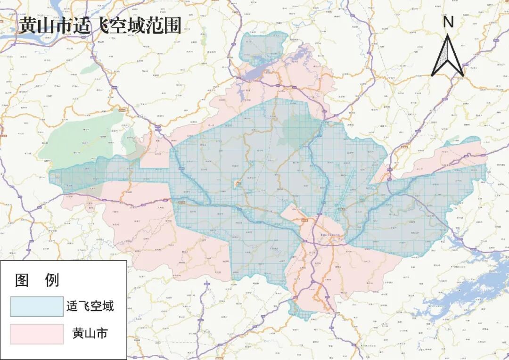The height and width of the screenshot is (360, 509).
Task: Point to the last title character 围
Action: pos(172,25)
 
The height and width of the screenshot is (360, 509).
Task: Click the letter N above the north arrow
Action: pos(448,22)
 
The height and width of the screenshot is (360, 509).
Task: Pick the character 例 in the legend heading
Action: pos(52,280)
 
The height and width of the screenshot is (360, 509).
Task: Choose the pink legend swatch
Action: pos(37,334)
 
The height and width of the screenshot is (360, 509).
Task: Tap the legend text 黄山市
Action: pos(90,334)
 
